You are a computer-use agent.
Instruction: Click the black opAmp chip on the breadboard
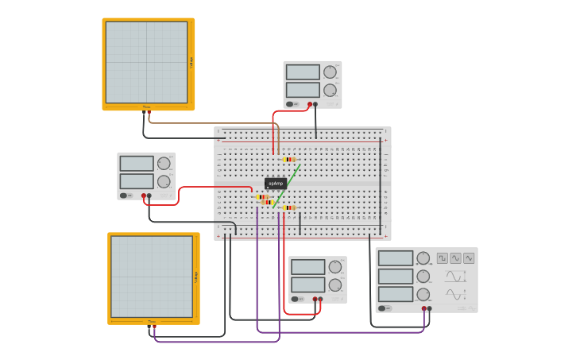[x=275, y=183]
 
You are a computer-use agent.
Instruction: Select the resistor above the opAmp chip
[x=289, y=159]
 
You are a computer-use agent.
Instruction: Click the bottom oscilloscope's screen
[x=152, y=277]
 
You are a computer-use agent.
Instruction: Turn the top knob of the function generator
[x=423, y=258]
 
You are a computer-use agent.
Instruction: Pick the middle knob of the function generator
[x=423, y=277]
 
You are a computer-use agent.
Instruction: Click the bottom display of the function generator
[x=396, y=294]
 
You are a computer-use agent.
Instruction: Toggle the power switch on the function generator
[x=382, y=308]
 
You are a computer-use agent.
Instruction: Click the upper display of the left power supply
[x=137, y=164]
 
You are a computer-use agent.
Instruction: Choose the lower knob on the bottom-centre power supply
[x=335, y=285]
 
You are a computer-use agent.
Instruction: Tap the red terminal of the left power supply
[x=144, y=195]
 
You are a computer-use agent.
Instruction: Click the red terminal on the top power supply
[x=310, y=104]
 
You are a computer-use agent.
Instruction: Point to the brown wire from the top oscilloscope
[x=207, y=123]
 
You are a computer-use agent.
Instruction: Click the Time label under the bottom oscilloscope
[x=152, y=322]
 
